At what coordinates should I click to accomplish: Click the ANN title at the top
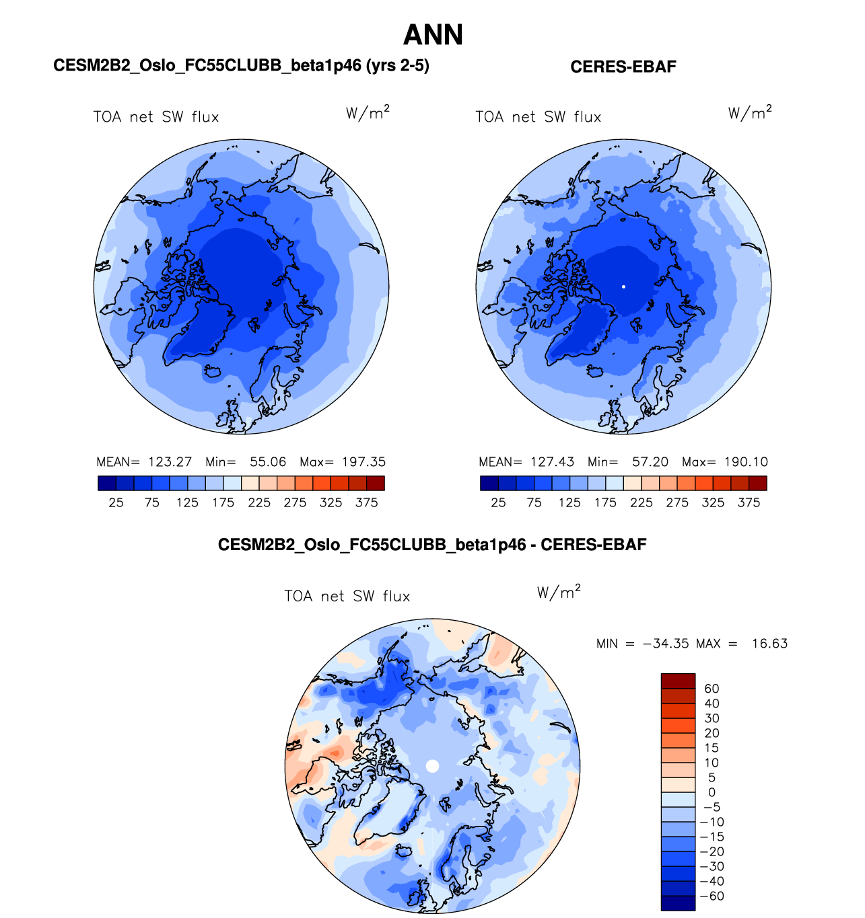(433, 35)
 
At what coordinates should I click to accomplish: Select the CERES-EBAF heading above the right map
(623, 67)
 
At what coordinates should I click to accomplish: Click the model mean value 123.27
(170, 462)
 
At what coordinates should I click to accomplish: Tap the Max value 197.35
(364, 462)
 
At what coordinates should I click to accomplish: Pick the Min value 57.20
(650, 462)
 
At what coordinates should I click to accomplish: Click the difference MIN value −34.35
(666, 644)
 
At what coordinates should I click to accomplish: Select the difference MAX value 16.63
(769, 644)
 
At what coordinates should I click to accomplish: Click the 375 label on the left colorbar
(366, 502)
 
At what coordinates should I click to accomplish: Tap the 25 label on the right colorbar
(498, 502)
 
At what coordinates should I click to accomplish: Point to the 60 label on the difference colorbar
(712, 689)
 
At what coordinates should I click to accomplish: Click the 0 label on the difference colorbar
(712, 792)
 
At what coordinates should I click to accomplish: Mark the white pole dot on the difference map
(433, 766)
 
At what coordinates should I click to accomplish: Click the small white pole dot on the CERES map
(624, 286)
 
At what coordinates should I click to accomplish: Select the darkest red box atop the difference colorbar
(678, 681)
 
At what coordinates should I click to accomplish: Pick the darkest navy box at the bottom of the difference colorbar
(678, 903)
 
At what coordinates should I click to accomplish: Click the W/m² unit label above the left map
(368, 112)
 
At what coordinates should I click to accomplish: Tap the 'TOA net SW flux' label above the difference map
(347, 597)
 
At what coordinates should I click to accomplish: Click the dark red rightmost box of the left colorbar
(376, 483)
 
